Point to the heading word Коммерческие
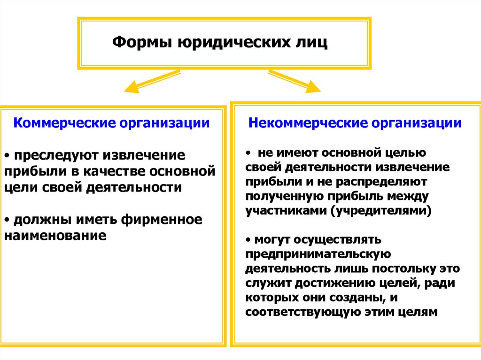coord(64,123)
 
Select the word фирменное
coord(163,219)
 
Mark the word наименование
coord(55,235)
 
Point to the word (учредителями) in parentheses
coord(381,210)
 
